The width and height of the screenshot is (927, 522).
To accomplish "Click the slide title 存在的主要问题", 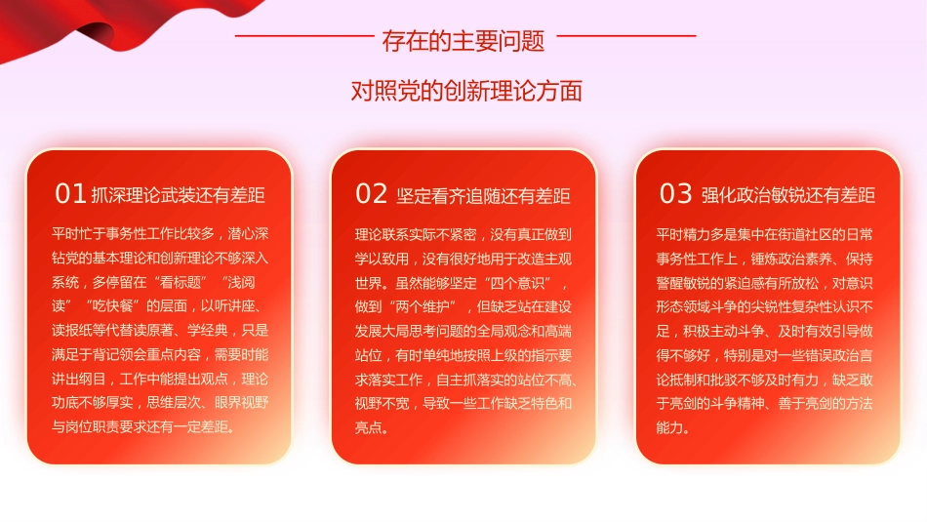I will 463,41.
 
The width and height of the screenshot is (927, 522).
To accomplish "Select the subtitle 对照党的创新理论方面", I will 466,91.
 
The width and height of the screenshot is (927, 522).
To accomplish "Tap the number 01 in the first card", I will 70,193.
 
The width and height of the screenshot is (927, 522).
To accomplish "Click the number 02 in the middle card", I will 372,193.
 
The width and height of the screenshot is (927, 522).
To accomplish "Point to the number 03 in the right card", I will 675,193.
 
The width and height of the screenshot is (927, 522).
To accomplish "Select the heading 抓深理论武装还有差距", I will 178,195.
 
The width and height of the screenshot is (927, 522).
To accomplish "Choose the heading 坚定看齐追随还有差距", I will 484,195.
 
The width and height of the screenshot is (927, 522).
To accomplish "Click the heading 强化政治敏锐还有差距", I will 788,195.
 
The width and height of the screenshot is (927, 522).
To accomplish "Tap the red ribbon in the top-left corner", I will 59,29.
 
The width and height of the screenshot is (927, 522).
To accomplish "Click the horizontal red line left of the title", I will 304,36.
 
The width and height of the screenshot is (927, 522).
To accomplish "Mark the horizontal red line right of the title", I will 625,36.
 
